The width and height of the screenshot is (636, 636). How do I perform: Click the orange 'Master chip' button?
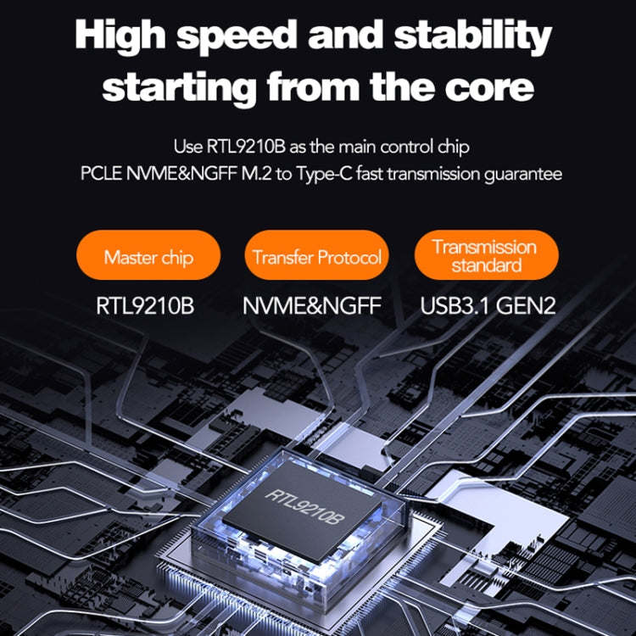tap(148, 257)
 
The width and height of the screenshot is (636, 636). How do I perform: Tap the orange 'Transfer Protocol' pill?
tap(317, 257)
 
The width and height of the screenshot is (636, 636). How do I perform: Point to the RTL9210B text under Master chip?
tap(145, 304)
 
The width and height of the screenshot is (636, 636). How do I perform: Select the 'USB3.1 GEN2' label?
tap(488, 304)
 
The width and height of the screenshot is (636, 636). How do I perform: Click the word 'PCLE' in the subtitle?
tap(98, 175)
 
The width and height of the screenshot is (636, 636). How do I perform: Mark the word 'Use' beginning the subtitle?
tap(186, 148)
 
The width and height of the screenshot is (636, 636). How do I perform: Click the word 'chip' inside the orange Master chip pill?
tap(177, 257)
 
